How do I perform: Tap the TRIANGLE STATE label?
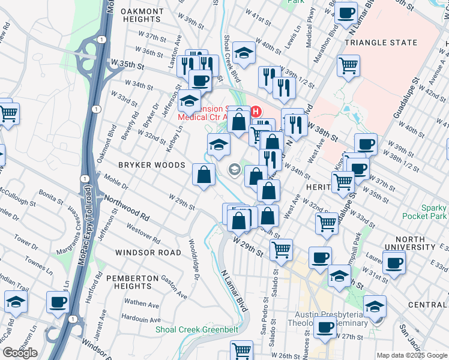381,43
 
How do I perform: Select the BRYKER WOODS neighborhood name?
142,164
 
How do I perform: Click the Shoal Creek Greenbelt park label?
197,329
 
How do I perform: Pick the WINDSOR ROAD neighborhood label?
148,253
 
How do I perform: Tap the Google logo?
20,353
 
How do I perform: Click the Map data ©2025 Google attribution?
412,355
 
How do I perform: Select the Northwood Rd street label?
126,205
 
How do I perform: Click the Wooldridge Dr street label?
193,255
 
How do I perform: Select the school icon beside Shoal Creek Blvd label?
244,53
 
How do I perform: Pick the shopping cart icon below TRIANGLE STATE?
348,65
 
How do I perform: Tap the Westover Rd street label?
143,233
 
